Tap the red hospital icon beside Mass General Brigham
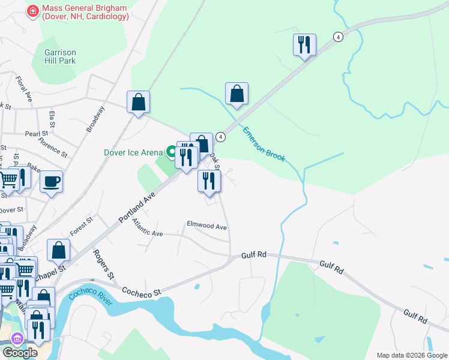pyautogui.click(x=32, y=11)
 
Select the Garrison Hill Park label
pyautogui.click(x=60, y=56)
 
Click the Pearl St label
pyautogui.click(x=36, y=134)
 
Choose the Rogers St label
pyautogui.click(x=103, y=265)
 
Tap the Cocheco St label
pyautogui.click(x=142, y=292)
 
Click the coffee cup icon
pyautogui.click(x=52, y=181)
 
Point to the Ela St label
pyautogui.click(x=53, y=118)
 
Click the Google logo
pyautogui.click(x=19, y=353)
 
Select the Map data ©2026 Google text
pyautogui.click(x=412, y=355)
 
